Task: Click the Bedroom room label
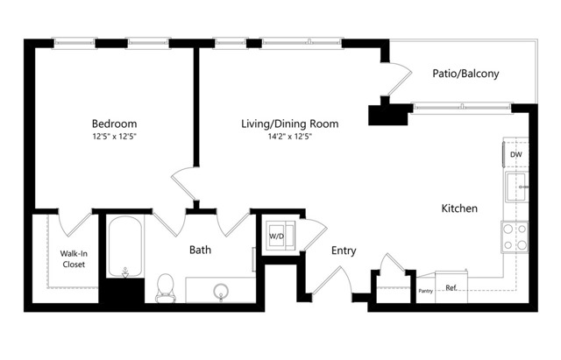[114, 124]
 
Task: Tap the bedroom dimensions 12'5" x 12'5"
[115, 137]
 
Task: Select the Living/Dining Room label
[290, 124]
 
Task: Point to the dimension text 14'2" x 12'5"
[290, 137]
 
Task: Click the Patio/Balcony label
[465, 74]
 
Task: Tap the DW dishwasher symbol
[515, 154]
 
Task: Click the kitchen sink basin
[516, 187]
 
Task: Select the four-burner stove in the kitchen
[515, 237]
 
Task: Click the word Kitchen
[459, 208]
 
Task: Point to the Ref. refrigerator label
[451, 288]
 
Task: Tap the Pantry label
[426, 291]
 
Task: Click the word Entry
[344, 251]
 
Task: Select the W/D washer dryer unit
[280, 236]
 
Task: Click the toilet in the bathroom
[166, 288]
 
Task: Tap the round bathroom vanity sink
[221, 292]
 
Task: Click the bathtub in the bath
[124, 246]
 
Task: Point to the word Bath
[200, 250]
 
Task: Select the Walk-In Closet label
[74, 258]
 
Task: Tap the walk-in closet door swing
[75, 225]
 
